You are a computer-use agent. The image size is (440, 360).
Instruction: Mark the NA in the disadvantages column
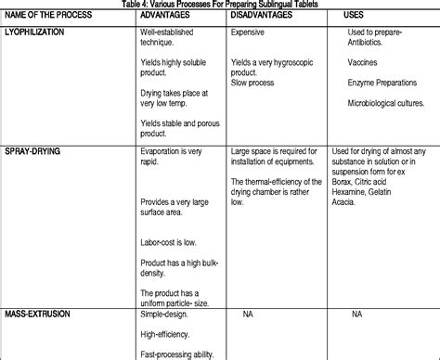pos(249,315)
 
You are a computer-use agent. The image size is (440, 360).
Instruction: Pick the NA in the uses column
pos(356,315)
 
